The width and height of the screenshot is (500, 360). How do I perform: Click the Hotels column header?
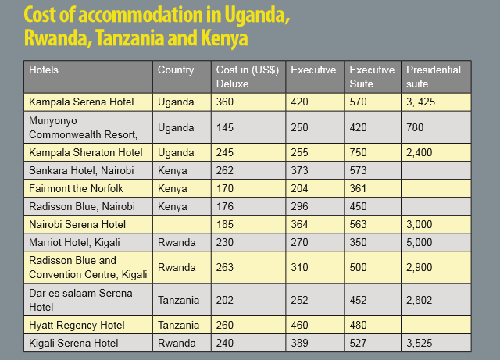tap(44, 70)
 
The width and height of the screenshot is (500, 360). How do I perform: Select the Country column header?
tap(176, 70)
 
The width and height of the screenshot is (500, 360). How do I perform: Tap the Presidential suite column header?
tap(434, 76)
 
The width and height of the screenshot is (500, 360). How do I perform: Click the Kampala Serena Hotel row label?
tap(81, 102)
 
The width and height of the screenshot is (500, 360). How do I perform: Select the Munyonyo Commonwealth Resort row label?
tap(78, 127)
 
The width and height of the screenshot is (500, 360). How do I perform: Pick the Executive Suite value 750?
tap(359, 152)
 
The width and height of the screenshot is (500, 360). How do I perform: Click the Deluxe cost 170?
tap(225, 188)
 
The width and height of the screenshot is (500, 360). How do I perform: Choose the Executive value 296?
tap(301, 206)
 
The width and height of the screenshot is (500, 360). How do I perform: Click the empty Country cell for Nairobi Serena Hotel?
tap(181, 224)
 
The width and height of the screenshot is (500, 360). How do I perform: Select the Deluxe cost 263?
tap(225, 267)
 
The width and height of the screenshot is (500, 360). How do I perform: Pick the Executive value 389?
tap(301, 343)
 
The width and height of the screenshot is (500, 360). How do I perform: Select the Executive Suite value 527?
tap(359, 343)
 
